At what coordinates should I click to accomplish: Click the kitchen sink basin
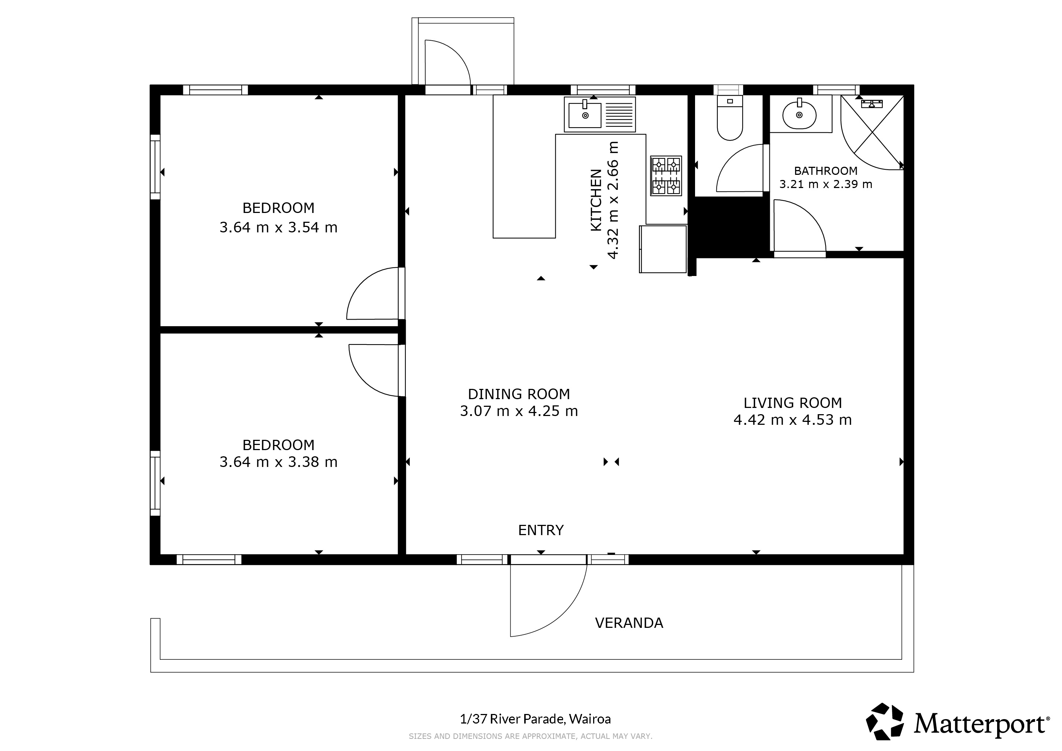[x=585, y=115]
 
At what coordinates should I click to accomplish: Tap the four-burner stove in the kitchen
[x=666, y=176]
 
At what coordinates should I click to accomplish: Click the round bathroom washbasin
[x=799, y=115]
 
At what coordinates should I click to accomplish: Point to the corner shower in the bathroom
[x=872, y=132]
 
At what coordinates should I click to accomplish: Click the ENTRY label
[x=541, y=530]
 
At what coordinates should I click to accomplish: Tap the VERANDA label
[x=629, y=623]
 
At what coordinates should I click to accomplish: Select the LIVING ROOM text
[x=793, y=403]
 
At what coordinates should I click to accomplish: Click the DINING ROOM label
[x=519, y=394]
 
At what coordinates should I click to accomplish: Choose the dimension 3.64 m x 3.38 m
[x=279, y=462]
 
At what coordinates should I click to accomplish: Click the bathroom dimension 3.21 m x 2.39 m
[x=826, y=184]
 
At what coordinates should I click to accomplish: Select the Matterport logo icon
[x=885, y=721]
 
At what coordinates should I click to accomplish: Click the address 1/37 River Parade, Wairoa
[x=535, y=719]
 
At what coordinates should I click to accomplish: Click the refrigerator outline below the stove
[x=663, y=249]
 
